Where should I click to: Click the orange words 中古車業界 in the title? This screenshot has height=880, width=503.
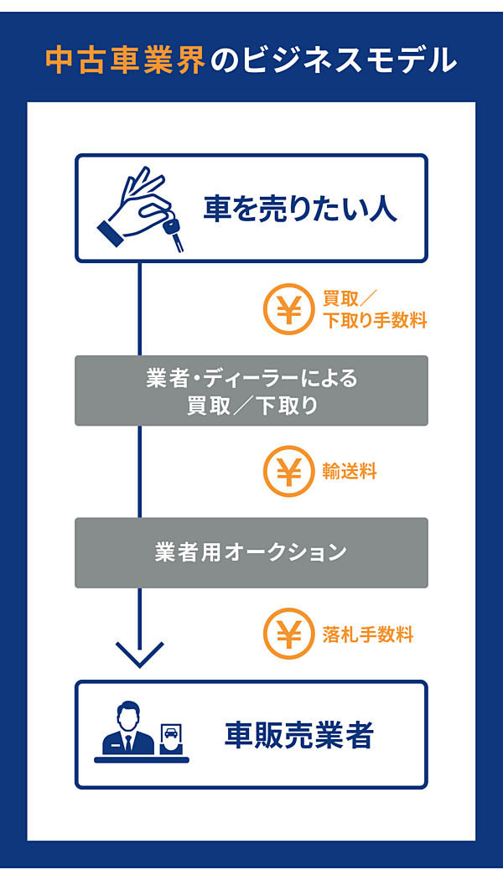point(125,61)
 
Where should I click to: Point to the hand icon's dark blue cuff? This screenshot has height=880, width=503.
point(110,234)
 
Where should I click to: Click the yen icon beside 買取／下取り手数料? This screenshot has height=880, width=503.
point(289,310)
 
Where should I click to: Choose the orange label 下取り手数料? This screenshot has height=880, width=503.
point(375,321)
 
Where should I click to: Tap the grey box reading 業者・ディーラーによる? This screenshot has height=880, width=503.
point(251,380)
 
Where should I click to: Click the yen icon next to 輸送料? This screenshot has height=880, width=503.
point(289,472)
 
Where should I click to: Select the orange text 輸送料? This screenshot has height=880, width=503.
point(350,472)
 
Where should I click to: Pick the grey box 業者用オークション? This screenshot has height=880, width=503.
point(251,552)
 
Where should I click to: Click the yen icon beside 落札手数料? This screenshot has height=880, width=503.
point(289,634)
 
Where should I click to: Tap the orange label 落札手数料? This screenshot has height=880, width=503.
point(368,634)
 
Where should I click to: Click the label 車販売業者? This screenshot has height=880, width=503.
point(298,735)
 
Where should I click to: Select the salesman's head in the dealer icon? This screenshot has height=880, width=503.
point(128,717)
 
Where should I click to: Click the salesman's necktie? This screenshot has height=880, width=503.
point(128,743)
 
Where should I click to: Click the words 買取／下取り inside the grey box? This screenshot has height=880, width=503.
point(251,406)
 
